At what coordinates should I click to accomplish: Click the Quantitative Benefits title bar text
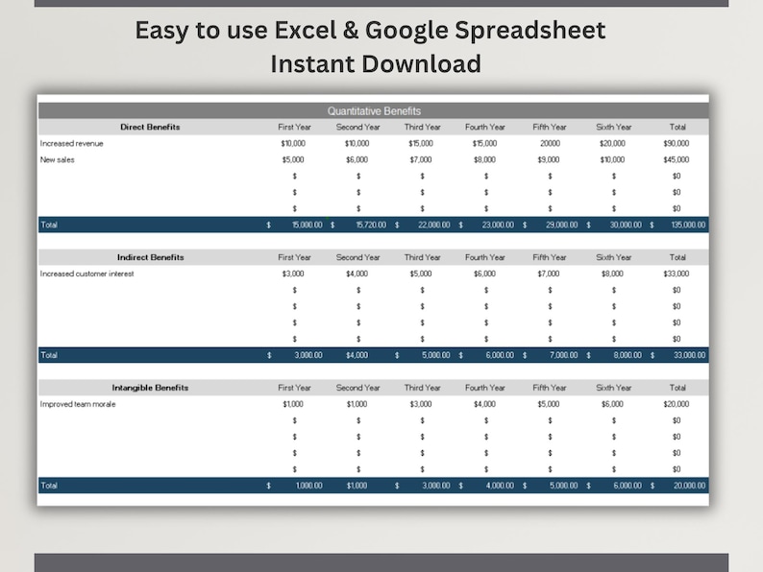point(374,111)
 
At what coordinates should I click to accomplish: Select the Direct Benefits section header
point(150,127)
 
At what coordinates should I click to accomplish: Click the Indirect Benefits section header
point(150,257)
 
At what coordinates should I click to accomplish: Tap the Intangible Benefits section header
point(150,388)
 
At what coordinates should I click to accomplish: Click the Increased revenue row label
point(72,143)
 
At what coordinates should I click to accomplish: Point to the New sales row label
point(58,159)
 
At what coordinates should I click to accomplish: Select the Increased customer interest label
point(86,274)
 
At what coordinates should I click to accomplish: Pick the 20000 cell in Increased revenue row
point(550,143)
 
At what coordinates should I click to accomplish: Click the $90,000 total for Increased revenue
point(677,143)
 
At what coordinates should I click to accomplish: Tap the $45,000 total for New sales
point(677,159)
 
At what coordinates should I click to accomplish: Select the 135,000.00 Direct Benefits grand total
point(687,225)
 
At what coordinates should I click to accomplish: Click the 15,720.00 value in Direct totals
point(370,225)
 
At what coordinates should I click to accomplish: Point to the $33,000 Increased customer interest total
point(677,274)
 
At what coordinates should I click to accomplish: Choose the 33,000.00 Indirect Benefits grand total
point(689,355)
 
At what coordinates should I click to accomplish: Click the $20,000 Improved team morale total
point(677,404)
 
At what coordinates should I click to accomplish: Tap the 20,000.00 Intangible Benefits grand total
point(689,486)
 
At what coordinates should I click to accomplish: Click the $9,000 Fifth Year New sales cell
point(550,159)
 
